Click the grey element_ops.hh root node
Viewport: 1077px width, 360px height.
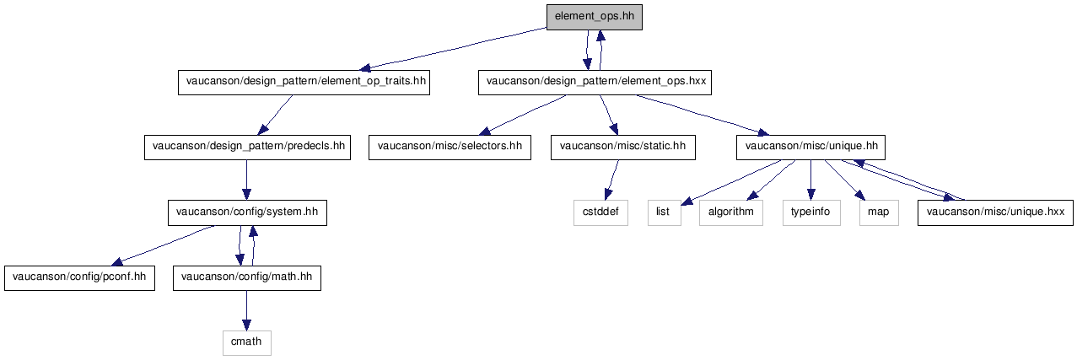pos(595,18)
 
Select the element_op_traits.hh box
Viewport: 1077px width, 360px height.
pos(304,83)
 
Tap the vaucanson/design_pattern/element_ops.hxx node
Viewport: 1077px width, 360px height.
pos(595,83)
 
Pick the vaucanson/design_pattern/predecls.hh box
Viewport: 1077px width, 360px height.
pos(247,148)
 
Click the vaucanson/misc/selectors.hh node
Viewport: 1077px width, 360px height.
pos(450,148)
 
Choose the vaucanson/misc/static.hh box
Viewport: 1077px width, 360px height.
pos(622,148)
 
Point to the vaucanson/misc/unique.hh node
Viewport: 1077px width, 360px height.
pos(810,148)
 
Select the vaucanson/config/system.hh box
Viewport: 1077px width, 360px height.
pos(247,213)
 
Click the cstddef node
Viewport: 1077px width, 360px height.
pos(600,213)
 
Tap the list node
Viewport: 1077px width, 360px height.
pos(664,213)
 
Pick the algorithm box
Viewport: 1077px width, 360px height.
pos(731,213)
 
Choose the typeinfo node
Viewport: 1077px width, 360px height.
pos(811,213)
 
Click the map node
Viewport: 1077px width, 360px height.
pos(879,213)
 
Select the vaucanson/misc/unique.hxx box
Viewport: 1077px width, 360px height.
pos(995,213)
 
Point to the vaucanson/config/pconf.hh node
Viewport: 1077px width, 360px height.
pos(79,278)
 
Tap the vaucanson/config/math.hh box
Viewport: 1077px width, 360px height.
pos(246,278)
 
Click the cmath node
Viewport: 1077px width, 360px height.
pos(246,343)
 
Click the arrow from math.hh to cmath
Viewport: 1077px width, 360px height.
pos(246,310)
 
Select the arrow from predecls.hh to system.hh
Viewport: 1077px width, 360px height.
pos(246,180)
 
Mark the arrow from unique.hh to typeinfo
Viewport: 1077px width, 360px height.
pos(811,180)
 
